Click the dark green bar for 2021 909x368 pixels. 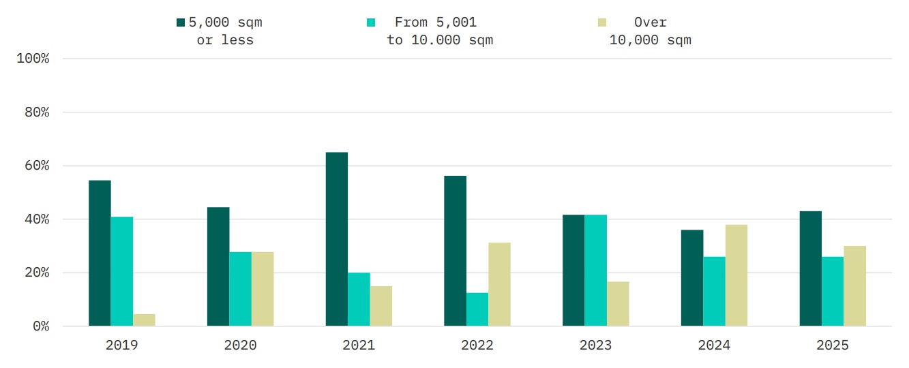click(336, 239)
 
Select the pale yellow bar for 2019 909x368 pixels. click(144, 320)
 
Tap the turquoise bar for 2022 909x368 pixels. click(477, 309)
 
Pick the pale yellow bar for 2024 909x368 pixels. click(736, 275)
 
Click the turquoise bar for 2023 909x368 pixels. click(595, 271)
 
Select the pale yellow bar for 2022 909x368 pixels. click(499, 284)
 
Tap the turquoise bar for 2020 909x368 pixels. click(240, 289)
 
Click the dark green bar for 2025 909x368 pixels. click(810, 269)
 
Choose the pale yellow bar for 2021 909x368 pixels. click(381, 306)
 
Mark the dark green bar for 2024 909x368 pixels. click(692, 278)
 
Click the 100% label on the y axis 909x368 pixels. click(33, 59)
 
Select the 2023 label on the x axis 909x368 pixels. click(595, 346)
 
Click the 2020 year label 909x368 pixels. click(240, 346)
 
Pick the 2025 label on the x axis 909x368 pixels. click(833, 346)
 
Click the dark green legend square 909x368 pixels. click(181, 22)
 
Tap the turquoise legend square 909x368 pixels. click(371, 22)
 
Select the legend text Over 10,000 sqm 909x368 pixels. click(650, 31)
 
